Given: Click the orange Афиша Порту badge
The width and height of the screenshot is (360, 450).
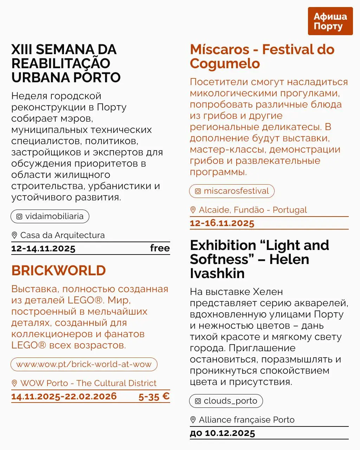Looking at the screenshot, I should coord(330,21).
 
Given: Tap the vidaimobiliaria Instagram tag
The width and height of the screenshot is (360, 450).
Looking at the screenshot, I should coord(50,216).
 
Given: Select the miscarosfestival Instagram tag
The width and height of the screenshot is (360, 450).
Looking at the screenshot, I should coord(232,191).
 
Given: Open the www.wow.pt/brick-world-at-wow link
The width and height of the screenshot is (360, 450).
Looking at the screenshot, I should coord(84,364).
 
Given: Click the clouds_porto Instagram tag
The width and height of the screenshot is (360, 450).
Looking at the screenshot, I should coord(226,401).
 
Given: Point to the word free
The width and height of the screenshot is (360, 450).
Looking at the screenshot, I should coord(160,248).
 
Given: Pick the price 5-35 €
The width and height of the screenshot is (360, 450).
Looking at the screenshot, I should coord(154,397).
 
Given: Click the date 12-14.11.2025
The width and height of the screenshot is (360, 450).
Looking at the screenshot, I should coord(43,249).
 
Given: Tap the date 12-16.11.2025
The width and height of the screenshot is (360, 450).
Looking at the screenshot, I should coord(222,223).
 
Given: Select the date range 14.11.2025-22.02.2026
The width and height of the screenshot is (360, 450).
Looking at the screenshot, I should coord(64,397).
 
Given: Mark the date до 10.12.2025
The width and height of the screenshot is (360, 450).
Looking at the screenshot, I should coord(222,433).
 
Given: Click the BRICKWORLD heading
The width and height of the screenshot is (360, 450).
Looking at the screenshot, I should coord(59,270).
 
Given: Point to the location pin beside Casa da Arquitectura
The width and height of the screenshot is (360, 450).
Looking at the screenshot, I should coord(14,235).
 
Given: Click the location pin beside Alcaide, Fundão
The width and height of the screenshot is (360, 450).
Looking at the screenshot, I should coord(193,210).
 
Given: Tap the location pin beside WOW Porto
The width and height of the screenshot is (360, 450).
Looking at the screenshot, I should coord(14,383).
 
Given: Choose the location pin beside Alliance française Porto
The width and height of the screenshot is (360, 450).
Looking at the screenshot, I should coord(193,420).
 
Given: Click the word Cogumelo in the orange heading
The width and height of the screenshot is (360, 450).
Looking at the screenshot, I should coord(225,64).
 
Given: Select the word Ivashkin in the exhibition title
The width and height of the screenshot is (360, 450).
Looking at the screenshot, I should coord(217,274).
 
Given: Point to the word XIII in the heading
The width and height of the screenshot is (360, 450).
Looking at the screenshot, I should coord(22,50).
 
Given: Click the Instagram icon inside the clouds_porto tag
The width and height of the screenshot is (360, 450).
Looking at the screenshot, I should coord(198,401).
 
